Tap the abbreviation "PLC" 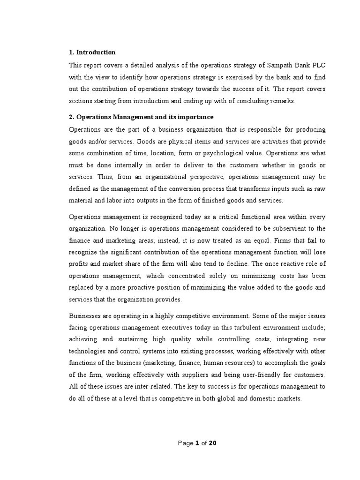317,65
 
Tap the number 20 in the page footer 212,443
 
